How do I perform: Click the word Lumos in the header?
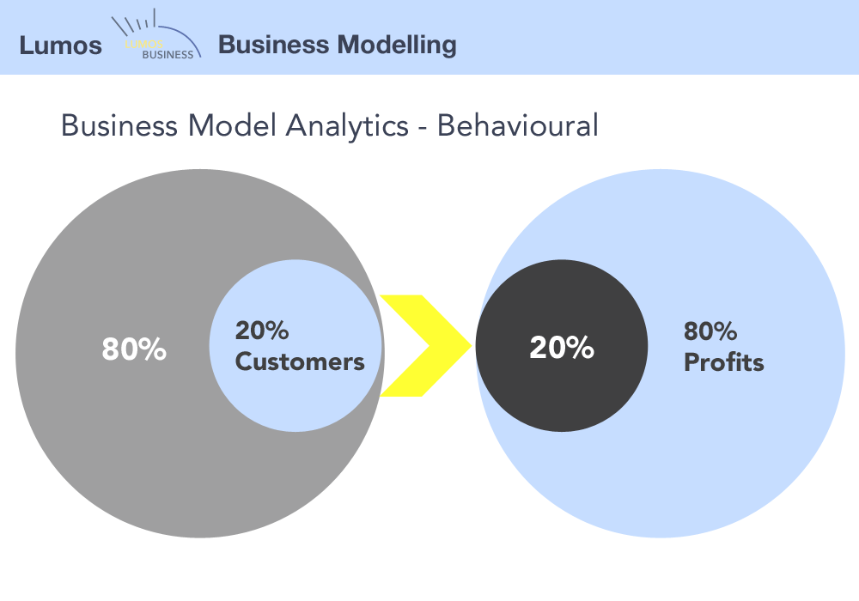[x=60, y=45]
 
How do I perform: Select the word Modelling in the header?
[x=397, y=44]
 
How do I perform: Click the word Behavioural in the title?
[x=517, y=125]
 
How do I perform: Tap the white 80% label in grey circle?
[x=134, y=349]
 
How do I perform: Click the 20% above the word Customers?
[x=262, y=331]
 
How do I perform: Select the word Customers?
[x=300, y=361]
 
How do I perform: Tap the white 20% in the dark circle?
[x=562, y=348]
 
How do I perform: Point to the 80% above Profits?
[x=710, y=331]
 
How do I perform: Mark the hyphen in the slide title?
[x=422, y=128]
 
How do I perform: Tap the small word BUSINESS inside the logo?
[x=168, y=53]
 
